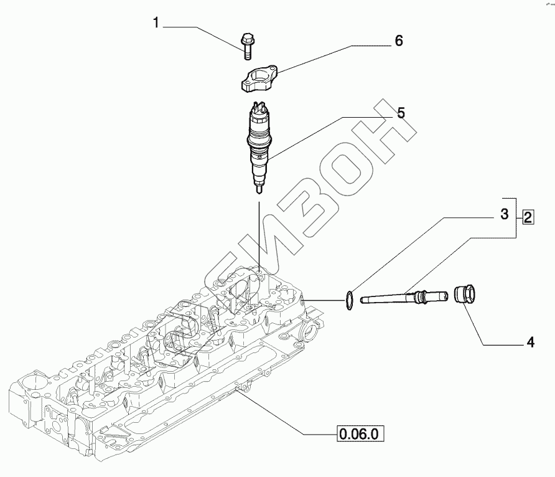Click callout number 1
pos(156,24)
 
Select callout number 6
pos(399,41)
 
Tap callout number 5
pos(401,113)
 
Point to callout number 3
pos(505,215)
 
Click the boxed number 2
pos(528,217)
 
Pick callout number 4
pos(530,342)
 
